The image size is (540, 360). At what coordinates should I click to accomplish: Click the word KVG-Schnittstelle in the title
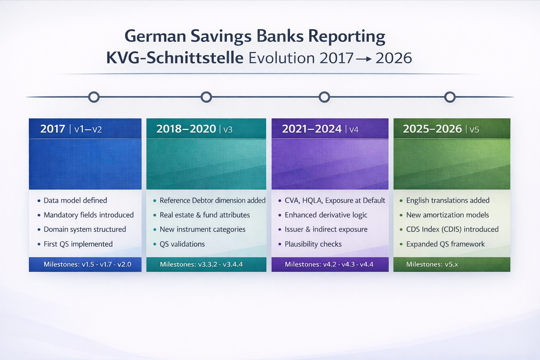coord(175,58)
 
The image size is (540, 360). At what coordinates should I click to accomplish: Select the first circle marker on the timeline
coord(94,97)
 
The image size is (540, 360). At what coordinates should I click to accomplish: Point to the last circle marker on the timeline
coord(450,97)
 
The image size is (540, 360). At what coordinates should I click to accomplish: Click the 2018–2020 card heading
coord(186,129)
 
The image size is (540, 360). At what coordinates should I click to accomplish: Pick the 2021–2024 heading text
coord(312,129)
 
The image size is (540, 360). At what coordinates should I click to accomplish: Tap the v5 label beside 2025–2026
coord(474,130)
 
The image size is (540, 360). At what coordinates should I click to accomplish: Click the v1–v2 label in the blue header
coord(88,129)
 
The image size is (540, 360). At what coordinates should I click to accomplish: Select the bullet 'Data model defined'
coord(75,200)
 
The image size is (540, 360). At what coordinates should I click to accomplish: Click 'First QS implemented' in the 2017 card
coord(78,244)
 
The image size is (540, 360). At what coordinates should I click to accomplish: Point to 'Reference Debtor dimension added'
coord(212,200)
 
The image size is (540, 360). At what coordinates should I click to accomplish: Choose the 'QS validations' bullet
coord(182,244)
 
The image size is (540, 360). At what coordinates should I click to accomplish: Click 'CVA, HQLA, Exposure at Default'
coord(335,200)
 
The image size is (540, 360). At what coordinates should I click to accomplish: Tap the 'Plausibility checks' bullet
coord(313,244)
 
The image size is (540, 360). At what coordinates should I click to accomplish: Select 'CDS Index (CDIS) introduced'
coord(452,229)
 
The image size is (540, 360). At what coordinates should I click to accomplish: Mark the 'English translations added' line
coord(448,200)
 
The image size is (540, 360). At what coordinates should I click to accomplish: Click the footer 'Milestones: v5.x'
coord(432,264)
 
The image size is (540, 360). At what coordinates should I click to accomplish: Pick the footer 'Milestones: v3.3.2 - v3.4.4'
coord(201,264)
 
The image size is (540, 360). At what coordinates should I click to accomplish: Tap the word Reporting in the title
coord(347,37)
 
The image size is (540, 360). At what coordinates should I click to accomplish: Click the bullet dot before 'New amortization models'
coord(401,215)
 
